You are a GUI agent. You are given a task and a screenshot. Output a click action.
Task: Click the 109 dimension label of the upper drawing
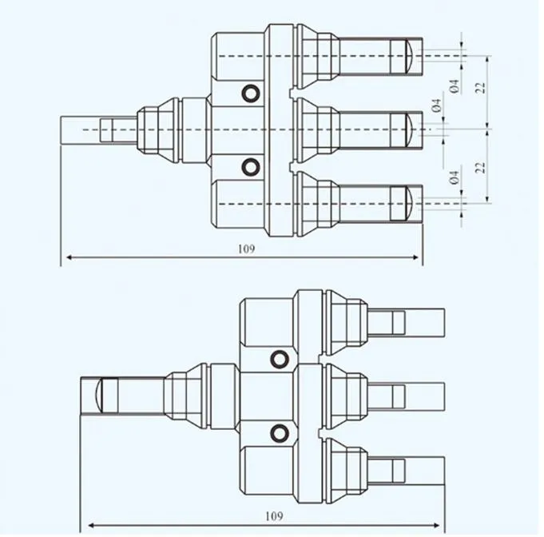(x=246, y=249)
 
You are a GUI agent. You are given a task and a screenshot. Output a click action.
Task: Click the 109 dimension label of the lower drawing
(x=274, y=516)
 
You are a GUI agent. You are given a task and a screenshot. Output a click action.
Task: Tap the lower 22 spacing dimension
(x=481, y=167)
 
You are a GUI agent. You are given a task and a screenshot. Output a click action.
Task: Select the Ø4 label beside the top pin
(x=455, y=86)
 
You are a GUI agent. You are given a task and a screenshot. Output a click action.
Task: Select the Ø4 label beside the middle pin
(x=436, y=105)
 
